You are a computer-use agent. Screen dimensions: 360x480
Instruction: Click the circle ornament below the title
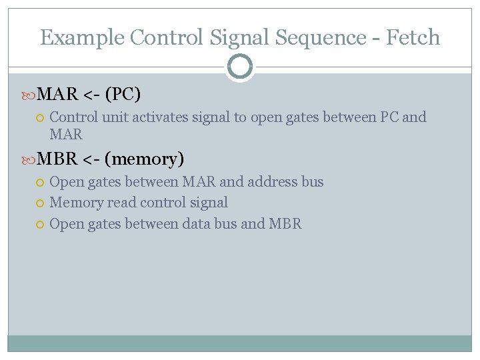239,66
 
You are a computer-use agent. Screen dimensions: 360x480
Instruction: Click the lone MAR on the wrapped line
66,135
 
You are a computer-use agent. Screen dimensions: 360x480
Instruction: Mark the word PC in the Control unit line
389,117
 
